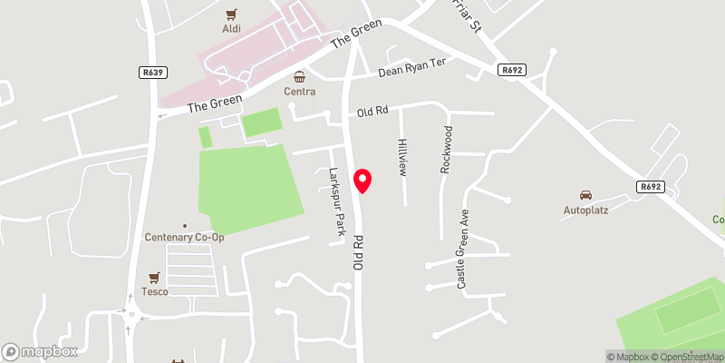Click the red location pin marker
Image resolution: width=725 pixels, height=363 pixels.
[362, 180]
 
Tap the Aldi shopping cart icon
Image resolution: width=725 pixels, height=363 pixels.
[232, 15]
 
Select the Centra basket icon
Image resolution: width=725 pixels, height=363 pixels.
[299, 76]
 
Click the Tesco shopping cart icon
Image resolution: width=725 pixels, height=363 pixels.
[154, 277]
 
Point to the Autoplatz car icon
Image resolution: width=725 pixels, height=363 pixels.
[585, 195]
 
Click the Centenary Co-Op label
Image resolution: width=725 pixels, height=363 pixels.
[184, 237]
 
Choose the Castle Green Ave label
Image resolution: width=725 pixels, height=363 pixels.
[463, 252]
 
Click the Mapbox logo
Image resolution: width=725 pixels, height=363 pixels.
[40, 351]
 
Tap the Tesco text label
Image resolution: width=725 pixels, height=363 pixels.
[154, 291]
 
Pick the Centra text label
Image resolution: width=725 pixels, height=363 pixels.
[299, 92]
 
